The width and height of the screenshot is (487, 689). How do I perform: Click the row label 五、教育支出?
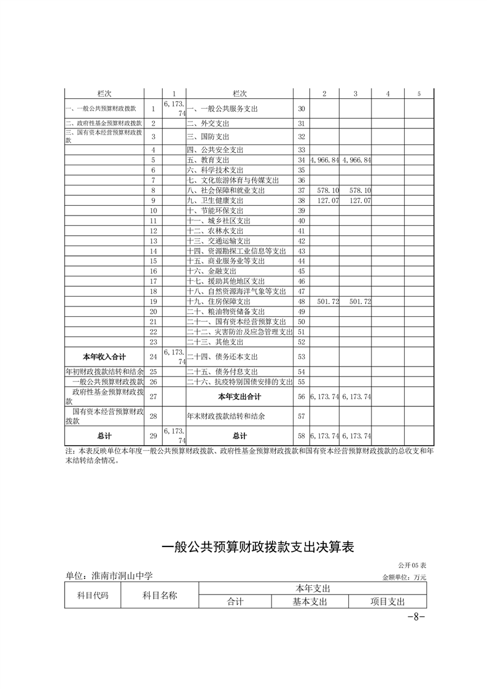pyautogui.click(x=208, y=160)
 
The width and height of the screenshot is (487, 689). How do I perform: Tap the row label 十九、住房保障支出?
pyautogui.click(x=218, y=302)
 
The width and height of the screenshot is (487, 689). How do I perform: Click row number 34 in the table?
pyautogui.click(x=301, y=160)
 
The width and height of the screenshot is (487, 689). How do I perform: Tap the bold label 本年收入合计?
pyautogui.click(x=104, y=356)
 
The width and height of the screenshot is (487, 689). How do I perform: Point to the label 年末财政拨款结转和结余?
pyautogui.click(x=226, y=416)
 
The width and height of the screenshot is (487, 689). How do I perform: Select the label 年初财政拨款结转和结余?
pyautogui.click(x=104, y=372)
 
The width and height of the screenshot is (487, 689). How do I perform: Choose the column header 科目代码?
pyautogui.click(x=93, y=595)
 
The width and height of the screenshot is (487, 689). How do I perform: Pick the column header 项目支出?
pyautogui.click(x=388, y=602)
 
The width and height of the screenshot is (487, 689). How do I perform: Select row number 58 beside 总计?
pyautogui.click(x=301, y=436)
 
